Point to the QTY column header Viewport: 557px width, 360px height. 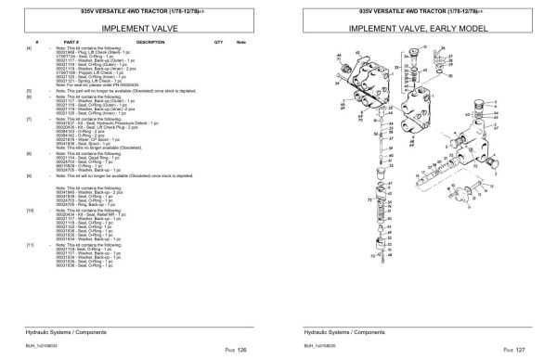pyautogui.click(x=218, y=43)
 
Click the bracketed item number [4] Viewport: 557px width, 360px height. pyautogui.click(x=30, y=48)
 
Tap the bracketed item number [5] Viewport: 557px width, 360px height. pyautogui.click(x=30, y=91)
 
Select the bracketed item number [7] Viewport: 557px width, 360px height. pyautogui.click(x=30, y=120)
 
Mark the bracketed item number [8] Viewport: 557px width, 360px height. pyautogui.click(x=30, y=151)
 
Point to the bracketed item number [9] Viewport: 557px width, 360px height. pyautogui.click(x=30, y=174)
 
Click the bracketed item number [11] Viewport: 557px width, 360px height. pyautogui.click(x=30, y=244)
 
